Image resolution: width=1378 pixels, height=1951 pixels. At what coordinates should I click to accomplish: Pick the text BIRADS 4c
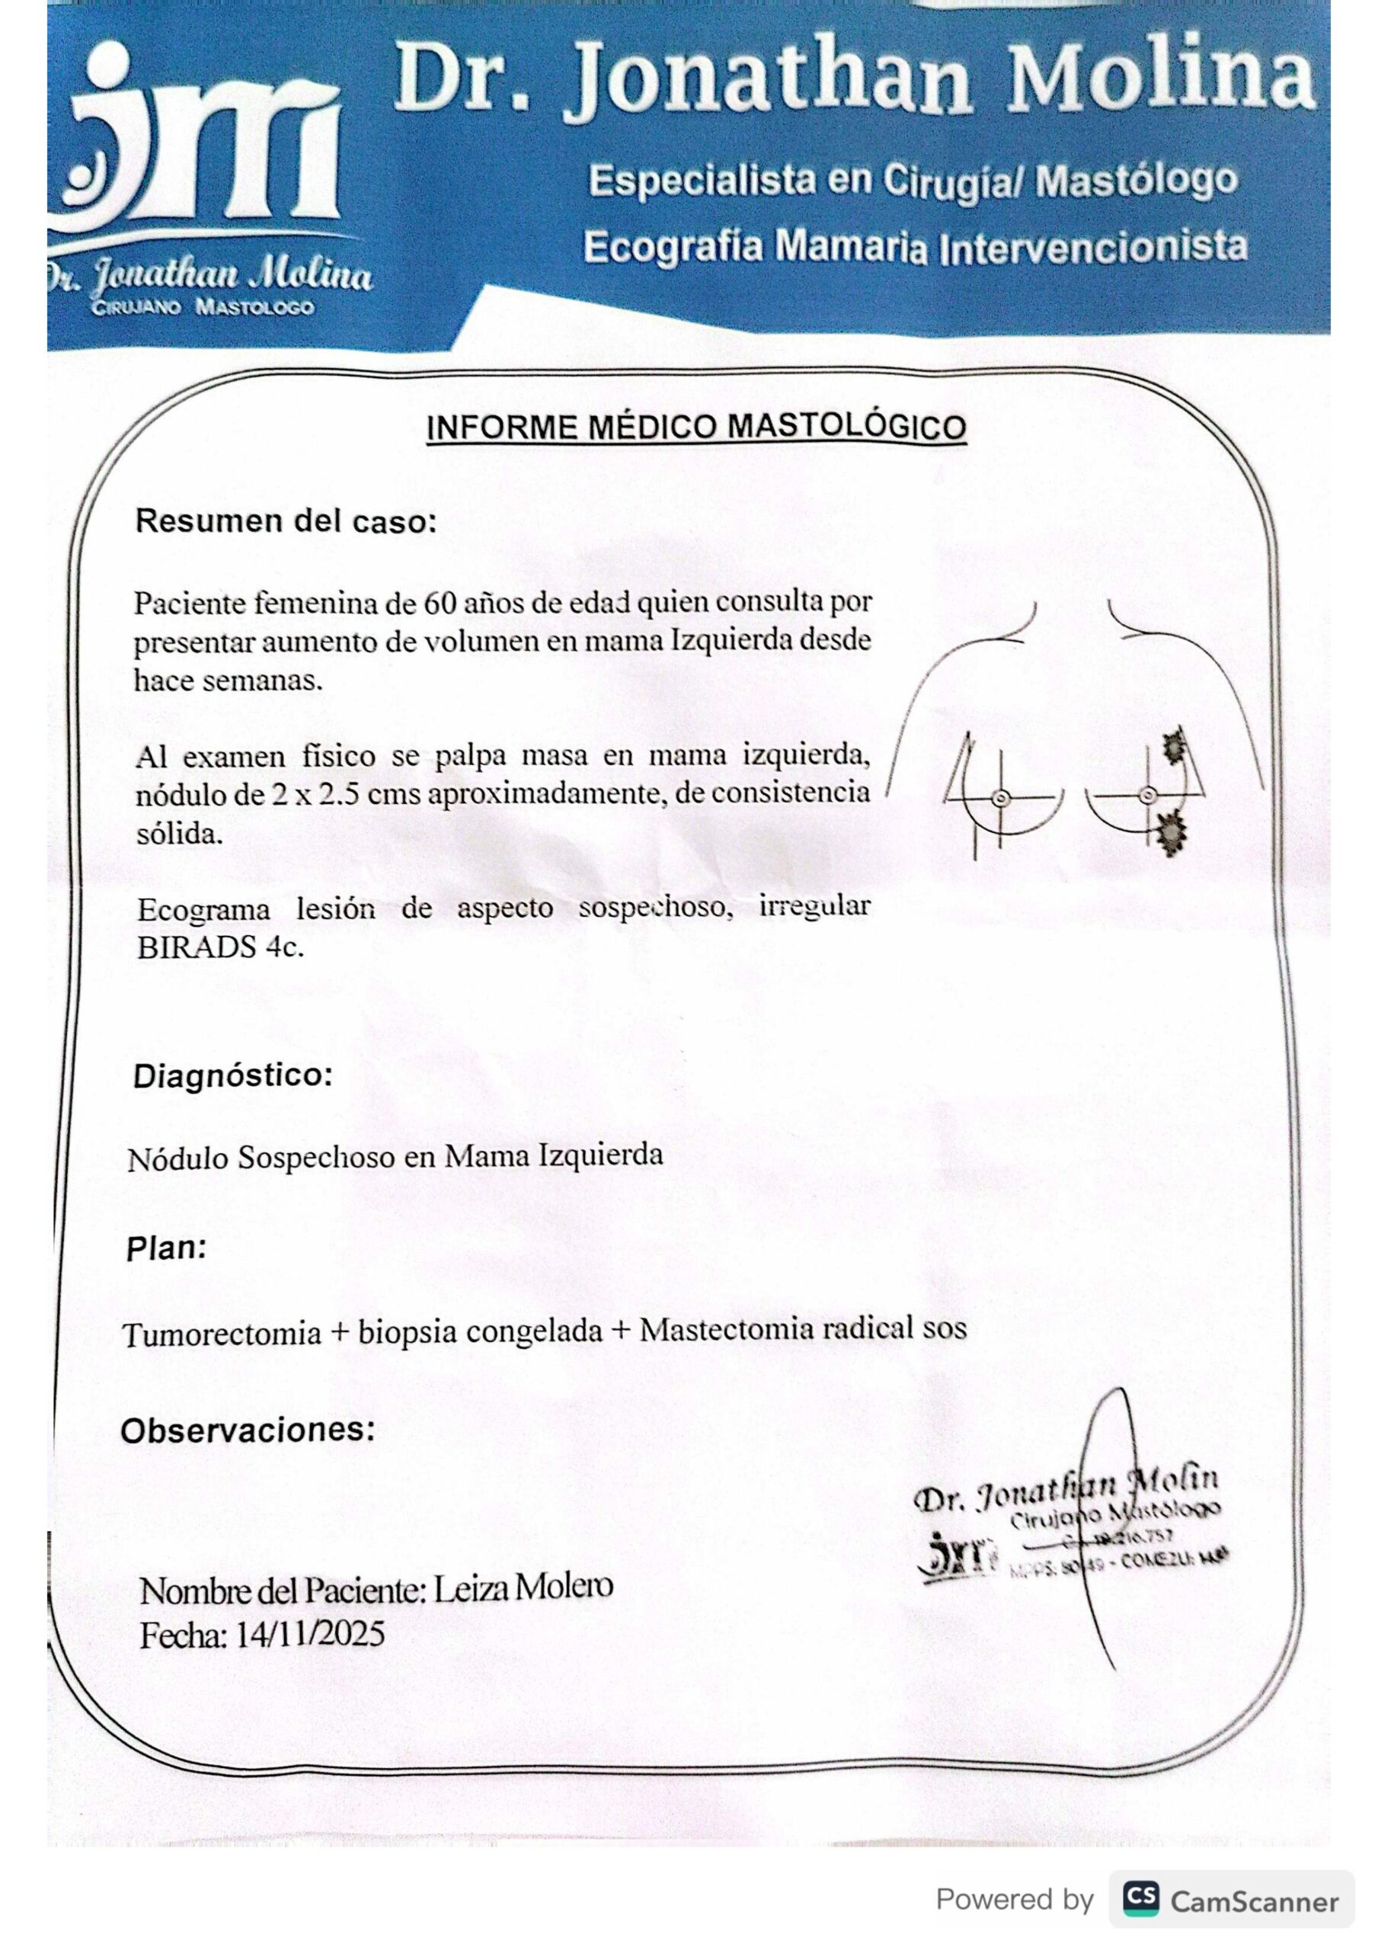tap(220, 947)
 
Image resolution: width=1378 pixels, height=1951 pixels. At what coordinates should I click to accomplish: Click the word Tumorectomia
tap(222, 1333)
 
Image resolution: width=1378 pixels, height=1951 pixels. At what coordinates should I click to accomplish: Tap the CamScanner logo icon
tap(1141, 1899)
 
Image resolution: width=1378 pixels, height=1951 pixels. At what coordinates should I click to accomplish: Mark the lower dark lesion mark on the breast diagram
tap(1170, 832)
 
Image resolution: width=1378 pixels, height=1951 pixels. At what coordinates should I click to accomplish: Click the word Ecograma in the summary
tap(204, 910)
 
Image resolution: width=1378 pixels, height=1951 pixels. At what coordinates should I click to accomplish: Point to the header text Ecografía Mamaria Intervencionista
tap(915, 247)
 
